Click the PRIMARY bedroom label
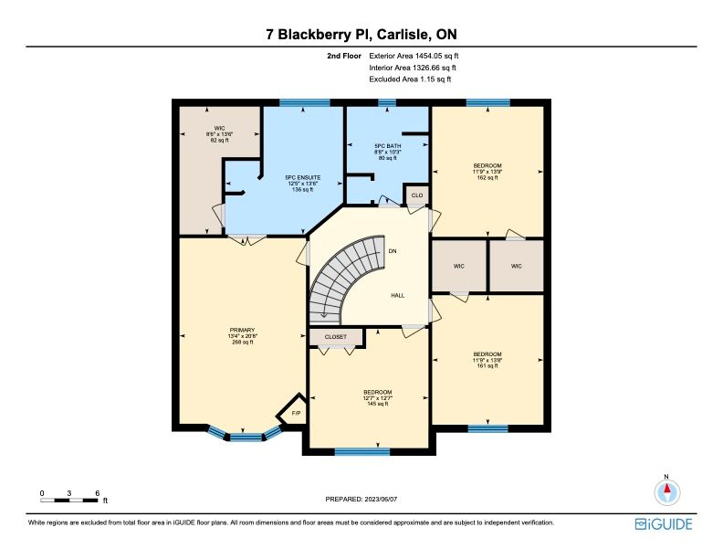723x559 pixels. pos(242,331)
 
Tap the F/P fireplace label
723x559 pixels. pos(296,413)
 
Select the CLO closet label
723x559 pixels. pos(417,195)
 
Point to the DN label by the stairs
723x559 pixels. pos(393,251)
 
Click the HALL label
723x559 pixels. pos(397,296)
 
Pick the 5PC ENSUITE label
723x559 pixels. pos(302,177)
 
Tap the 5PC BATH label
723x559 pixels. pos(388,146)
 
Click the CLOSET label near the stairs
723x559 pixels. pos(335,337)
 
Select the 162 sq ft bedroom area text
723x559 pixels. pos(487,177)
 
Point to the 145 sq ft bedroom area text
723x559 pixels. pos(378,404)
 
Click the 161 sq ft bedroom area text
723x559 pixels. pos(487,365)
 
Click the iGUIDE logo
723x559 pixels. pos(664,524)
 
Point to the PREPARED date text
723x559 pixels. pos(361,499)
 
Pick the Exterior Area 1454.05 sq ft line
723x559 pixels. pos(414,56)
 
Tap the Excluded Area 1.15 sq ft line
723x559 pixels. pos(410,79)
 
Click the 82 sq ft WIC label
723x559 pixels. pos(219,140)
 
